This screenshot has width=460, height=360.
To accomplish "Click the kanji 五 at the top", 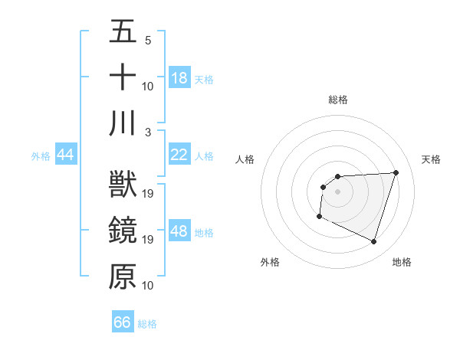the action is [123, 32].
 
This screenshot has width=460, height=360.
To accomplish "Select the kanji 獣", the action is [123, 185].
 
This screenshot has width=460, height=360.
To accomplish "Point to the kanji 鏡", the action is [123, 231].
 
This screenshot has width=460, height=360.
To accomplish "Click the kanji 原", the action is [123, 277].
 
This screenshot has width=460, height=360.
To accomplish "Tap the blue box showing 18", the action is [179, 78].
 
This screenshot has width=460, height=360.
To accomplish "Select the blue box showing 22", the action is [179, 155].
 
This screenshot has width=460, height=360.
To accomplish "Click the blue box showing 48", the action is [179, 231].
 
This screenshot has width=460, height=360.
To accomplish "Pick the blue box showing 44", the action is [66, 155].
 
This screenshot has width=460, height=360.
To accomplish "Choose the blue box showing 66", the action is [123, 322].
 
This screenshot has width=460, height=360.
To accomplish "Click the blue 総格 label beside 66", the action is [148, 323].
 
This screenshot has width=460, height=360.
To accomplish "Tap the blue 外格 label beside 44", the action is [41, 155].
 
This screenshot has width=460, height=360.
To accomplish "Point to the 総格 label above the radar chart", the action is [338, 100].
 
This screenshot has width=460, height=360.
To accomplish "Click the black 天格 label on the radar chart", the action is [432, 159].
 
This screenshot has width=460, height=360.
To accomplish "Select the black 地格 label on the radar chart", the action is [402, 262].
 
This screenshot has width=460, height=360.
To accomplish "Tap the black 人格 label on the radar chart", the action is [245, 159].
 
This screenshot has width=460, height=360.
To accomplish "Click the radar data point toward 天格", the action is [396, 172].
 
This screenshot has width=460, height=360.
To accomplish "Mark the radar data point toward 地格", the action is [374, 242].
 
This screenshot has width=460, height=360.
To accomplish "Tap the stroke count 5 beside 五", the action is [147, 40].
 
